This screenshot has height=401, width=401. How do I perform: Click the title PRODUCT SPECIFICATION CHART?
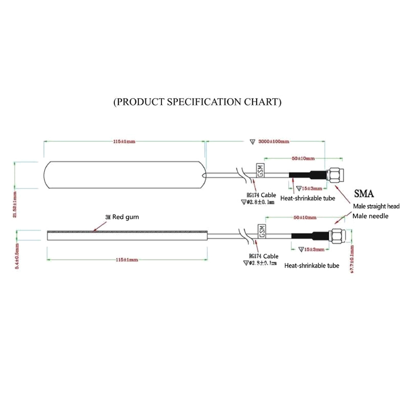click(x=197, y=102)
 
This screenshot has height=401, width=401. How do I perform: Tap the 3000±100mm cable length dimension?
click(x=274, y=142)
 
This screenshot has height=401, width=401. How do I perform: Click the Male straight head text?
click(x=375, y=206)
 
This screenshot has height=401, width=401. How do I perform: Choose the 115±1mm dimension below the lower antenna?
click(x=126, y=260)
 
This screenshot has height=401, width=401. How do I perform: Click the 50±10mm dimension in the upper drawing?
click(x=303, y=158)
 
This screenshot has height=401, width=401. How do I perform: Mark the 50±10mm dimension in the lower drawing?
click(x=304, y=218)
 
